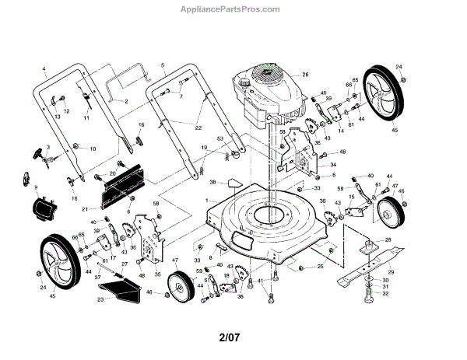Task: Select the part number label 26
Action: (306, 75)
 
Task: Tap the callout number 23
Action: (100, 299)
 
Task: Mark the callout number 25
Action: (320, 267)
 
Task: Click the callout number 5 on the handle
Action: (163, 65)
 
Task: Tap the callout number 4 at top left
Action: (44, 70)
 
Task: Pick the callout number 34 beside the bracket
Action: (333, 165)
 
